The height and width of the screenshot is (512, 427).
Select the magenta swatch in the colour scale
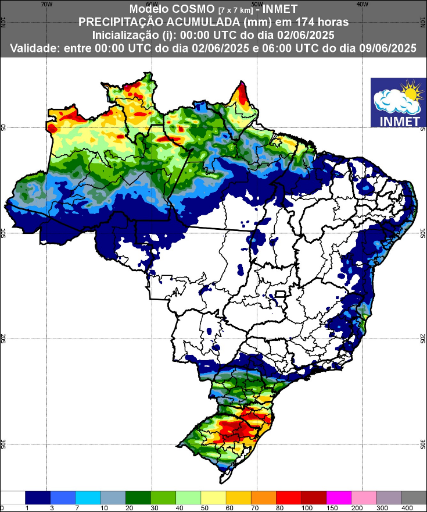click(x=339, y=497)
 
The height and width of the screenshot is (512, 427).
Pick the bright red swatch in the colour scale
click(x=289, y=497)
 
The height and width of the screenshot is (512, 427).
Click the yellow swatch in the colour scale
click(x=213, y=497)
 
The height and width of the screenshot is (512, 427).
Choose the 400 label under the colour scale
click(x=401, y=507)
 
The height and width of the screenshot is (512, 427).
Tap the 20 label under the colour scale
click(x=125, y=507)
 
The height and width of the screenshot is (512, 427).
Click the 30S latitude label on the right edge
click(x=423, y=444)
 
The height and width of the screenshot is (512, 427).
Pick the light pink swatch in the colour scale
click(x=364, y=497)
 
